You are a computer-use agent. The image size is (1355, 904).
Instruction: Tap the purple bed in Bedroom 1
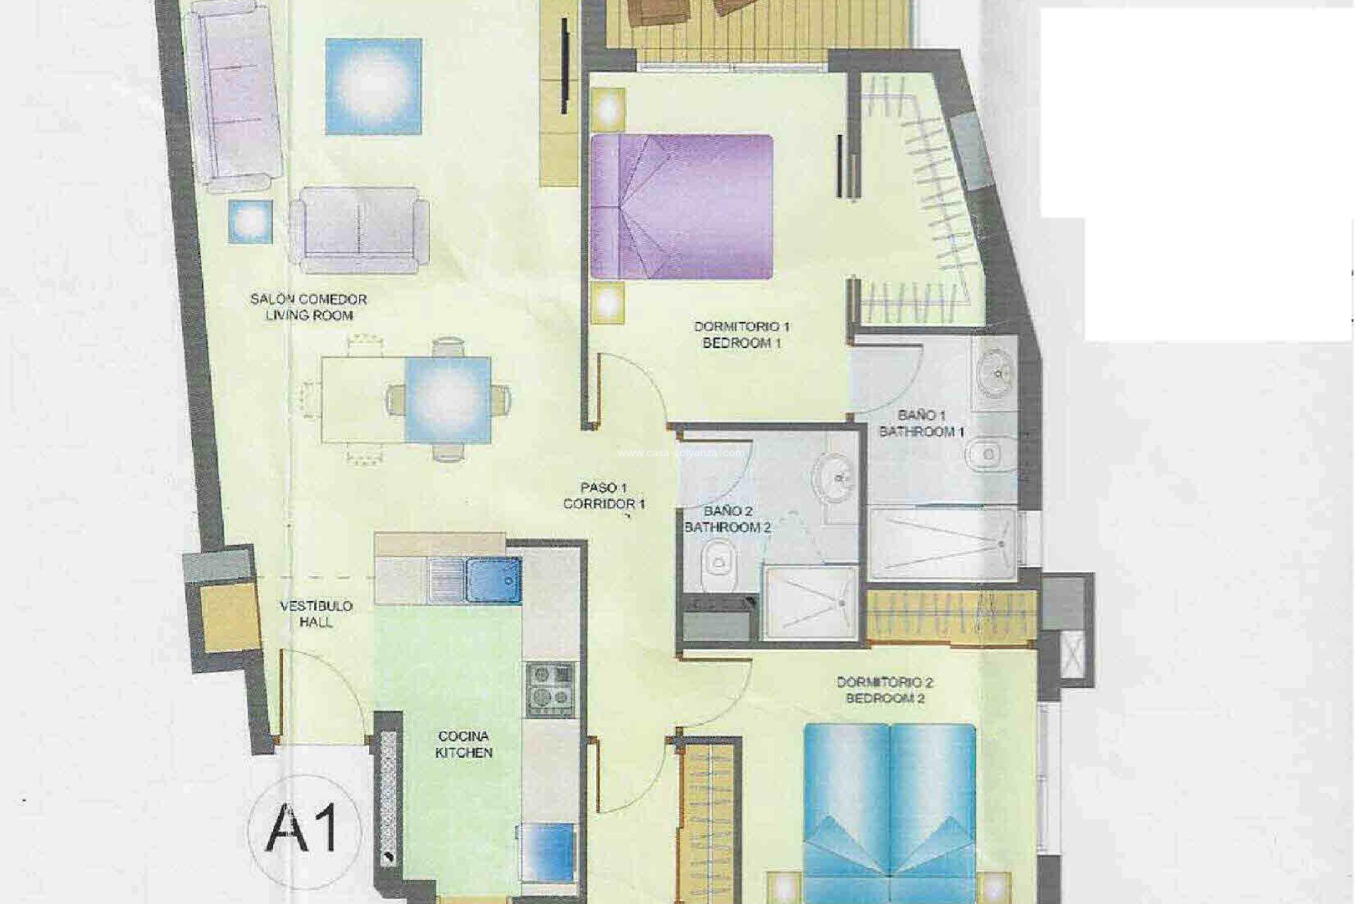pos(682,206)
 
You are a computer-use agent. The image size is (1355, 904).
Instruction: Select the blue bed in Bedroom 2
pos(889,812)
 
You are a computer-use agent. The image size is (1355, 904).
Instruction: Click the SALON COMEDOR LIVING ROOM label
pos(309,307)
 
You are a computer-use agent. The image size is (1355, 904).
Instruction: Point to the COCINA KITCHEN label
pos(464,744)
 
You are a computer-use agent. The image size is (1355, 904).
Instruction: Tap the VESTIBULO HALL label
pos(316,614)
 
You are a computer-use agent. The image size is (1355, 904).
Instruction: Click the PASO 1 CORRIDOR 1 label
pos(603,496)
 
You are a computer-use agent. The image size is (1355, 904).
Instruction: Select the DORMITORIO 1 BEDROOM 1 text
pos(742,335)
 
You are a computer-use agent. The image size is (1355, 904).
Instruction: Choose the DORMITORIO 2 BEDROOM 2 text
pos(885,690)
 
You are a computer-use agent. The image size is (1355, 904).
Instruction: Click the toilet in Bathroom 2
pos(719,565)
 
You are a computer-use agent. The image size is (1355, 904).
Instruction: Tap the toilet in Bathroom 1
pos(987,454)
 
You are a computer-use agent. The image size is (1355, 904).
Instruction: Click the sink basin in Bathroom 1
pos(996,371)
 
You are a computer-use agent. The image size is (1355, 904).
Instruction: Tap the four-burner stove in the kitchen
pos(550,689)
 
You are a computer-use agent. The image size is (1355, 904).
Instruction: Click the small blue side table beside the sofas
pos(250,222)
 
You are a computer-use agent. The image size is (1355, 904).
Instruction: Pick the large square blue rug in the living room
pos(373,87)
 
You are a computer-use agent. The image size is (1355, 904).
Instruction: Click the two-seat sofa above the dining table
pos(359,229)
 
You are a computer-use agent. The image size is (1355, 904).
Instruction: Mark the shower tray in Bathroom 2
pos(811,602)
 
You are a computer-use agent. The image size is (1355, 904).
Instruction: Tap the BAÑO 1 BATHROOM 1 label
pos(921,423)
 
